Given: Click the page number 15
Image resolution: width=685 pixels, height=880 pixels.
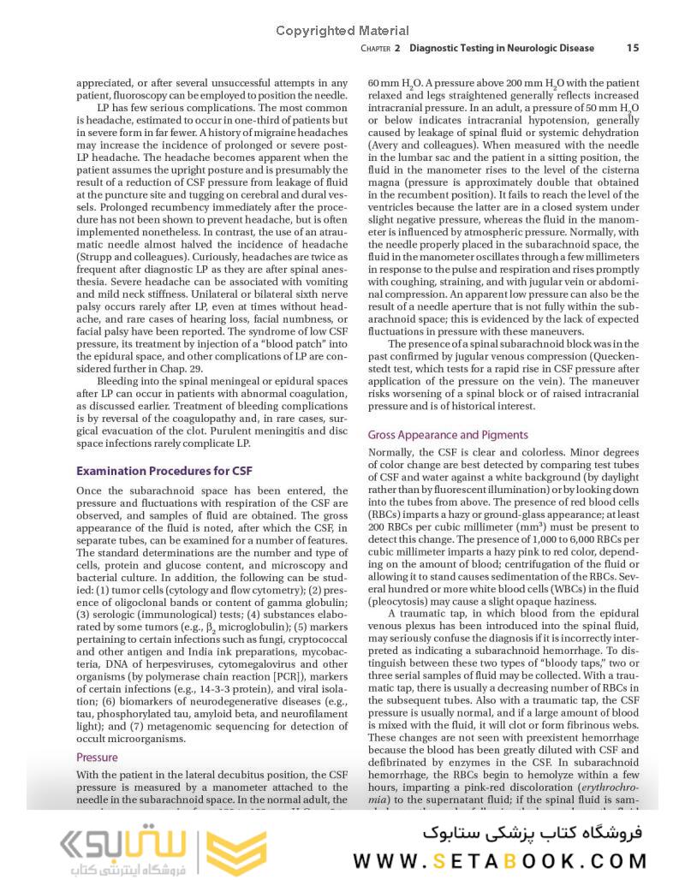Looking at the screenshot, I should tap(632, 48).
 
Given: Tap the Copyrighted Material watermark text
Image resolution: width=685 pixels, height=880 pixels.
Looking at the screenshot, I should tap(342, 31).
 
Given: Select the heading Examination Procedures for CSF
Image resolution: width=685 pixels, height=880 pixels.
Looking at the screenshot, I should tap(164, 471).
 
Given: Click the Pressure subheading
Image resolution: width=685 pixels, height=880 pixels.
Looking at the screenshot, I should tap(97, 758).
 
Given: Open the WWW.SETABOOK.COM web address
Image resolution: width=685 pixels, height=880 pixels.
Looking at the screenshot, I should tap(499, 860).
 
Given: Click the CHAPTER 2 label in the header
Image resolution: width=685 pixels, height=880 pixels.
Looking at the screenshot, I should tap(381, 49).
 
